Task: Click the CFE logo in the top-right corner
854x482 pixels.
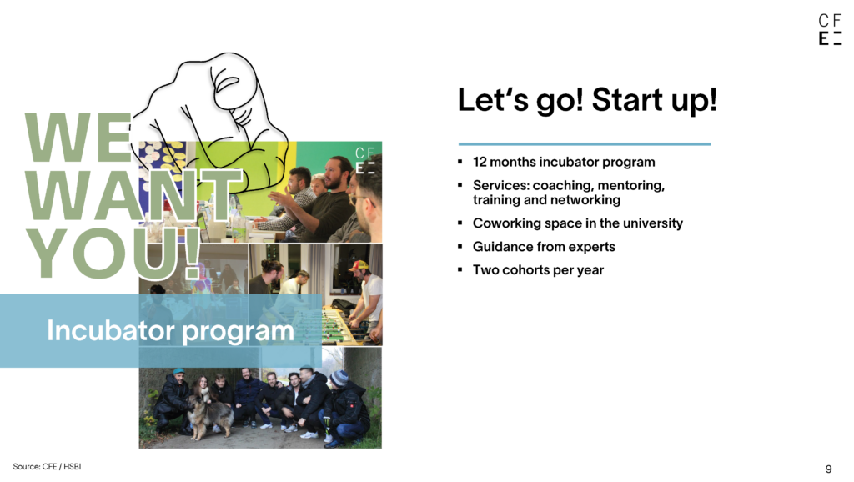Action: point(830,29)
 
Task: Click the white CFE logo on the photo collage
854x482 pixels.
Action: point(365,160)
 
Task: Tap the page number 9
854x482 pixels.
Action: point(828,469)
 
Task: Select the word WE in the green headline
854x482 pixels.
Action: point(78,138)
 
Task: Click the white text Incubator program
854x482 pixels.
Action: point(170,330)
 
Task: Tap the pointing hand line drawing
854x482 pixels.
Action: point(213,125)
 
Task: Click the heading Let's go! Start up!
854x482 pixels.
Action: point(587,100)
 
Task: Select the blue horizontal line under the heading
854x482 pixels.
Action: point(585,143)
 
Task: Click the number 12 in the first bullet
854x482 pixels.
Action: point(480,163)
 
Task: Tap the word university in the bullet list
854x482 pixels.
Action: point(652,223)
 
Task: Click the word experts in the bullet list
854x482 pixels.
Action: point(591,248)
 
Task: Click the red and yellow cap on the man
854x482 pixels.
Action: point(359,266)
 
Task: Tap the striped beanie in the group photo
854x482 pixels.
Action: point(339,378)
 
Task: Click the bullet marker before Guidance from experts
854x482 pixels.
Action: point(460,247)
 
